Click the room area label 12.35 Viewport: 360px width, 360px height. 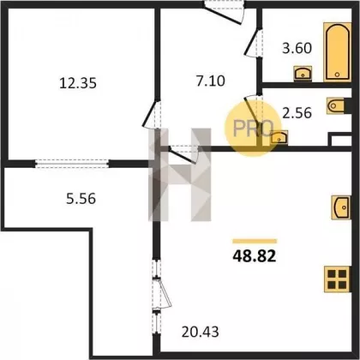tap(78, 83)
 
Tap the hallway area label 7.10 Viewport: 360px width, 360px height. tap(211, 81)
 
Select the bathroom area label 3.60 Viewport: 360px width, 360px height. tap(297, 48)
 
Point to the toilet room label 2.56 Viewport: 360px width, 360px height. tap(297, 113)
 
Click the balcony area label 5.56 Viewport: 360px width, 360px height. tap(81, 199)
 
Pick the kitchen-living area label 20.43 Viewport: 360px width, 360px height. tap(201, 332)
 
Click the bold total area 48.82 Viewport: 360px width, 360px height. tap(255, 256)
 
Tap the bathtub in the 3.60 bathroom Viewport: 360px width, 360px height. tap(337, 52)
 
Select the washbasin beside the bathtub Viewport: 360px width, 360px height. tap(303, 73)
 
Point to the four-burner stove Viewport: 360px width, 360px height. tap(337, 279)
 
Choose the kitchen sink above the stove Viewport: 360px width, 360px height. tap(341, 207)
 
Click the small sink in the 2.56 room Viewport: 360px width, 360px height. tap(279, 137)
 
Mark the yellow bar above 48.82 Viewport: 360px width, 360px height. tap(255, 241)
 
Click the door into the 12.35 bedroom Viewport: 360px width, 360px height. tap(152, 114)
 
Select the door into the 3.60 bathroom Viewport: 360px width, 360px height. tap(253, 43)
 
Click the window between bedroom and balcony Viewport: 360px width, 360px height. tap(72, 164)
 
